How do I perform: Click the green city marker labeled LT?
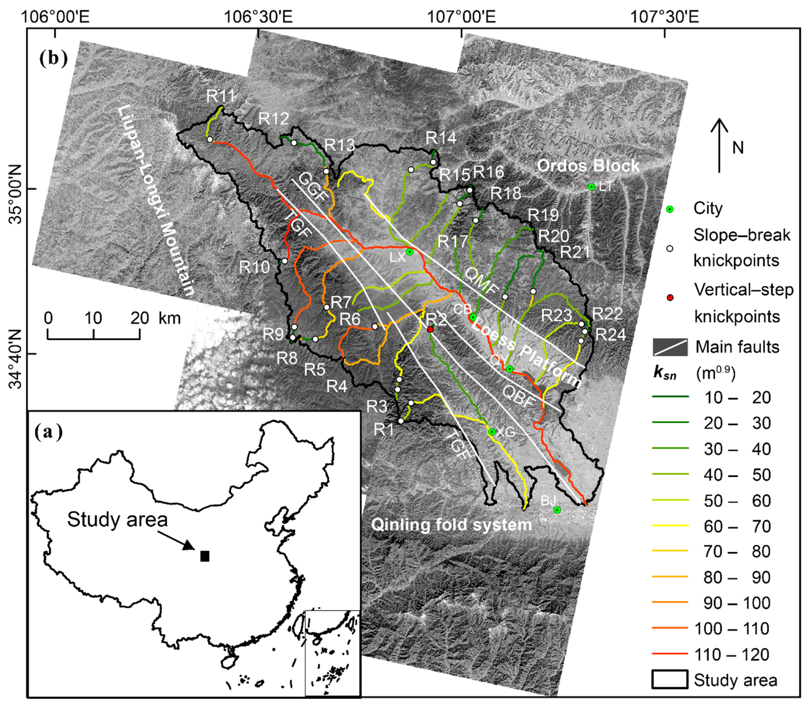591,187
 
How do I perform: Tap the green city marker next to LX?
410,252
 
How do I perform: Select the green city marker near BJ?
557,510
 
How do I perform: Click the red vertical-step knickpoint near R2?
430,329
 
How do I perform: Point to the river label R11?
221,96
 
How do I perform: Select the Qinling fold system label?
451,525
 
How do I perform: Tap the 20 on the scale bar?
140,318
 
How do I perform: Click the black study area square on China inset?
205,556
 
